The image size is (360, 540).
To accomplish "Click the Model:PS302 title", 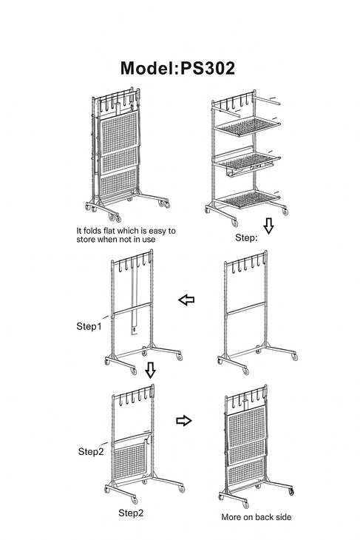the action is (x=177, y=68).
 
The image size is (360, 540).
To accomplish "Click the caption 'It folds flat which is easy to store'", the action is (x=126, y=235).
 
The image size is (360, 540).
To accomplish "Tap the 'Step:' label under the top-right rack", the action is (x=246, y=237).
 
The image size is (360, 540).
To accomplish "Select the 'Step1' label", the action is (x=89, y=326).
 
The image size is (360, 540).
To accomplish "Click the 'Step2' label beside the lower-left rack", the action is (x=91, y=451).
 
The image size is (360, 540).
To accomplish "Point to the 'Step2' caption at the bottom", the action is (x=131, y=513).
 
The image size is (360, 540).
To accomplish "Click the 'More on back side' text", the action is (x=256, y=517).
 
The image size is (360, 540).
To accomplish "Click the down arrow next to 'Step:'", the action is (x=268, y=226).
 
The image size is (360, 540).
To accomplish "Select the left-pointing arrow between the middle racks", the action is (x=186, y=300).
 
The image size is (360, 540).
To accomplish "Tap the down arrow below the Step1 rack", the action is (x=150, y=370).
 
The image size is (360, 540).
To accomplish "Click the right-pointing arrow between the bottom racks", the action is (x=184, y=420).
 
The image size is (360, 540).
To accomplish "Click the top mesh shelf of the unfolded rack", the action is (x=247, y=126).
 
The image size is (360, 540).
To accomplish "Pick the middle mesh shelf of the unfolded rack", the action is (x=245, y=162).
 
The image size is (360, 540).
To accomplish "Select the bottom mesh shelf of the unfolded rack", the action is (x=249, y=200).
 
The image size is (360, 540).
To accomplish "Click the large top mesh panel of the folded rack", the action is (x=120, y=132).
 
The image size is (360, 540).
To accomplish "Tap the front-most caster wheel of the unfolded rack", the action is (x=235, y=223).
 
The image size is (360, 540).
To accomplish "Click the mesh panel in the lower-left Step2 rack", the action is (x=129, y=460).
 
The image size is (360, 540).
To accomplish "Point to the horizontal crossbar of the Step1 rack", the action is (x=132, y=308).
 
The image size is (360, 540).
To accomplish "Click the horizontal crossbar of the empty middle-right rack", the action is (x=245, y=308).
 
